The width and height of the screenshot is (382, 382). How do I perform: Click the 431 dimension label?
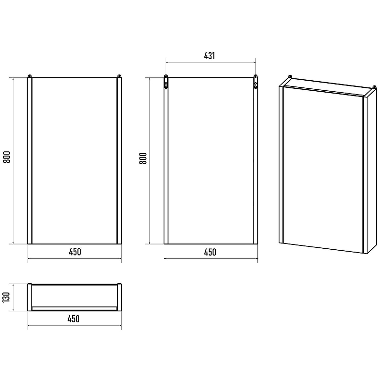(x=209, y=56)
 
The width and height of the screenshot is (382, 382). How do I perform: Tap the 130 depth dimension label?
(x=6, y=297)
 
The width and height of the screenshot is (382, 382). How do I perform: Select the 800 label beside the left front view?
(x=7, y=157)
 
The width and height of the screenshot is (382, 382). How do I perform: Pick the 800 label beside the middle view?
(x=143, y=158)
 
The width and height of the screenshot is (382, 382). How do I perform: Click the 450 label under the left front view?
(x=75, y=252)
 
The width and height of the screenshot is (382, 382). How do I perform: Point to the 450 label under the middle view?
(x=210, y=252)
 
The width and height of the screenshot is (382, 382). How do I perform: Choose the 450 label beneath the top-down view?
(x=74, y=318)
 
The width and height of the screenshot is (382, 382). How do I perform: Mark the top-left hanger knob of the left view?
(x=30, y=76)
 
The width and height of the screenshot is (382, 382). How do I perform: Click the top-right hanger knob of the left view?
(x=119, y=76)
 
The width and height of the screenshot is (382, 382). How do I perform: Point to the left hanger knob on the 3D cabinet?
(x=290, y=77)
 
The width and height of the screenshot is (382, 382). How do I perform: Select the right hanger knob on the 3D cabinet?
(x=375, y=87)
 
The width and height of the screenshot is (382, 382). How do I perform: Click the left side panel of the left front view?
(x=30, y=161)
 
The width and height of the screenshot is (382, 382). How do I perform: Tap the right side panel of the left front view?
(x=119, y=161)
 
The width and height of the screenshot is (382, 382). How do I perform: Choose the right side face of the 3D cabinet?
(x=371, y=171)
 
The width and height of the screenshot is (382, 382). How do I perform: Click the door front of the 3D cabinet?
(x=323, y=170)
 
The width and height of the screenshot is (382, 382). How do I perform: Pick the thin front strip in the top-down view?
(x=74, y=308)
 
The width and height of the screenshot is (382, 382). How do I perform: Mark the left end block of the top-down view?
(x=30, y=297)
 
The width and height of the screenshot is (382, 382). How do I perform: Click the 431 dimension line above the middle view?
(x=211, y=63)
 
